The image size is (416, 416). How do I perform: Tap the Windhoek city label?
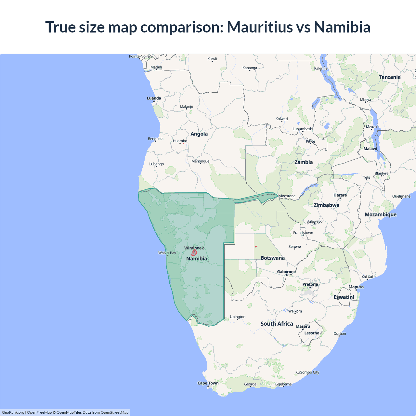click(x=194, y=248)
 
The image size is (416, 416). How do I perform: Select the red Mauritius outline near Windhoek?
click(x=194, y=253)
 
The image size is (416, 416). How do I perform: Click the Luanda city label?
click(x=154, y=98)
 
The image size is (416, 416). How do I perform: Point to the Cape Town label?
click(x=208, y=383)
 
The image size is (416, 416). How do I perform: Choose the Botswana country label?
click(x=272, y=258)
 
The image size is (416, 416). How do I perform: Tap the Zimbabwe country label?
click(x=326, y=205)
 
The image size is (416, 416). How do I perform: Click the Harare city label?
click(x=340, y=195)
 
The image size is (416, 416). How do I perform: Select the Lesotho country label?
click(x=312, y=333)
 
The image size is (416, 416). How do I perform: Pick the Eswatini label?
click(x=344, y=297)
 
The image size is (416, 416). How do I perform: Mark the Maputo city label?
click(x=356, y=287)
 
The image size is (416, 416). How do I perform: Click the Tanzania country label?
click(x=389, y=77)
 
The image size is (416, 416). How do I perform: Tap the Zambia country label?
click(x=304, y=162)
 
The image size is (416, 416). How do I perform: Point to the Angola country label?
click(x=199, y=134)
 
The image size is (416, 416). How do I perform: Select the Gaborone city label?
click(x=286, y=272)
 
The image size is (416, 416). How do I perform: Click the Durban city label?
click(x=340, y=334)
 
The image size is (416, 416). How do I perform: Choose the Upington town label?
click(x=238, y=317)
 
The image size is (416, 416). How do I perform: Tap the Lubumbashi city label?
click(x=303, y=129)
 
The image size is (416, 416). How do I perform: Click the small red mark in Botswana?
click(x=256, y=246)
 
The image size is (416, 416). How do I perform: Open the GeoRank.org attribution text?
click(x=13, y=412)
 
